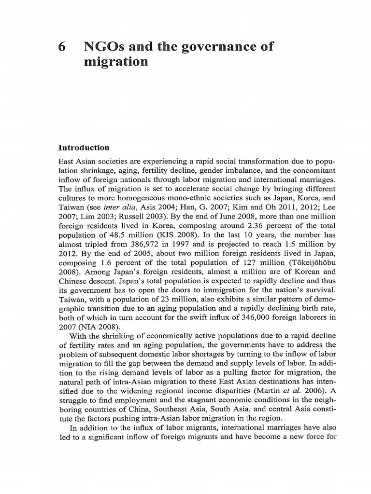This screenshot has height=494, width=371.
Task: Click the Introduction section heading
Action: (84, 148)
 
